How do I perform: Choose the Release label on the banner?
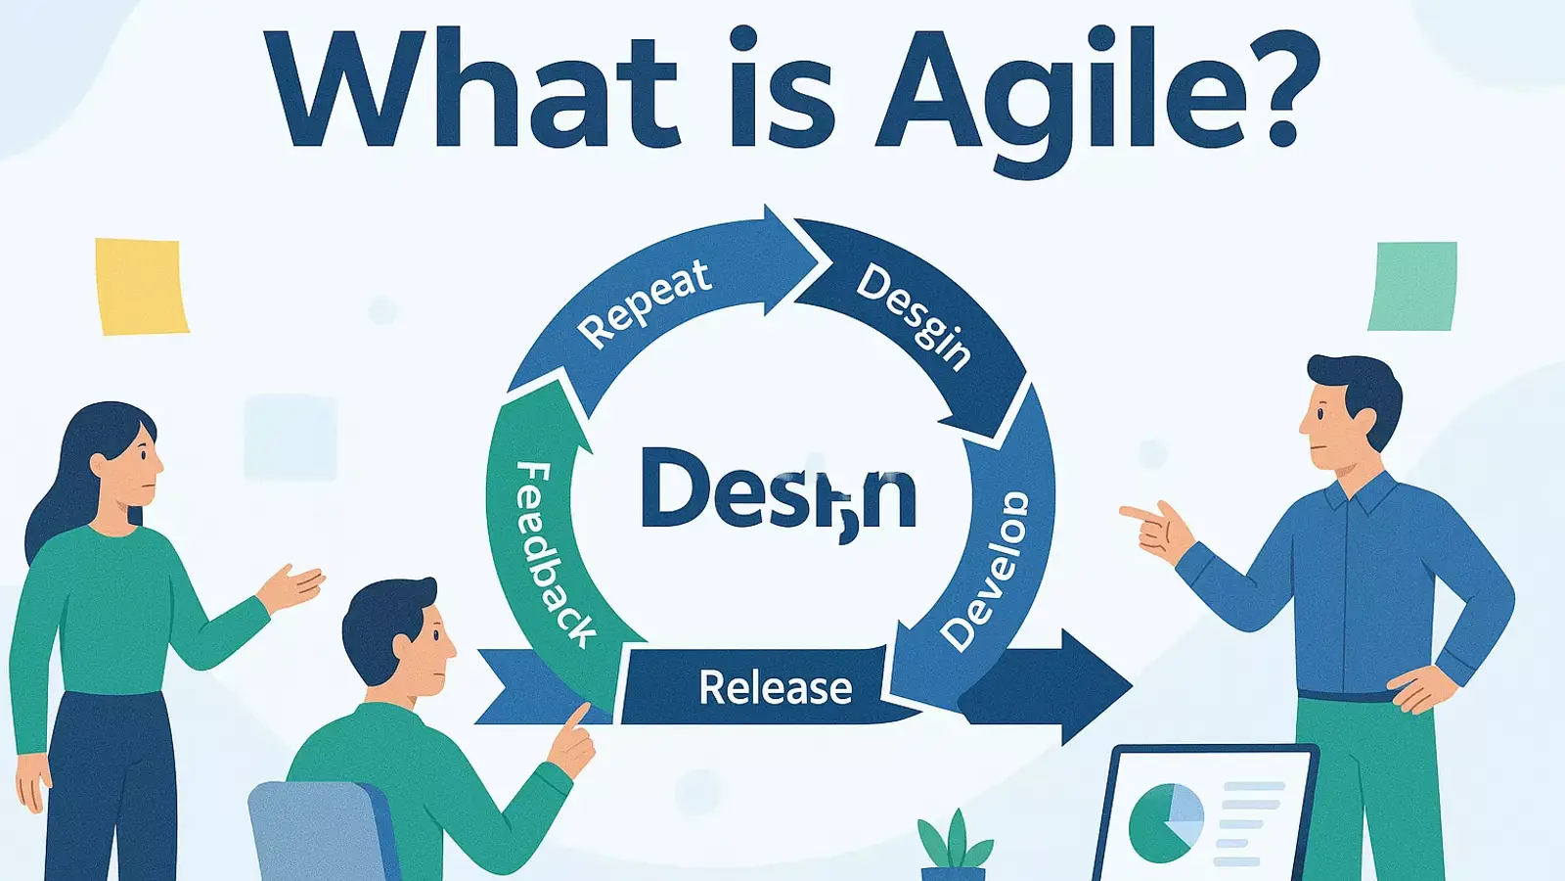click(x=775, y=688)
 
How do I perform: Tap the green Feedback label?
click(x=554, y=554)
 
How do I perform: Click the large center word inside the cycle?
click(x=778, y=490)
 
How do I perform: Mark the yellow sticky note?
click(x=141, y=287)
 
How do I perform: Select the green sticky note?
click(x=1412, y=286)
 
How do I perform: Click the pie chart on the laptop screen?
click(x=1165, y=821)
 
